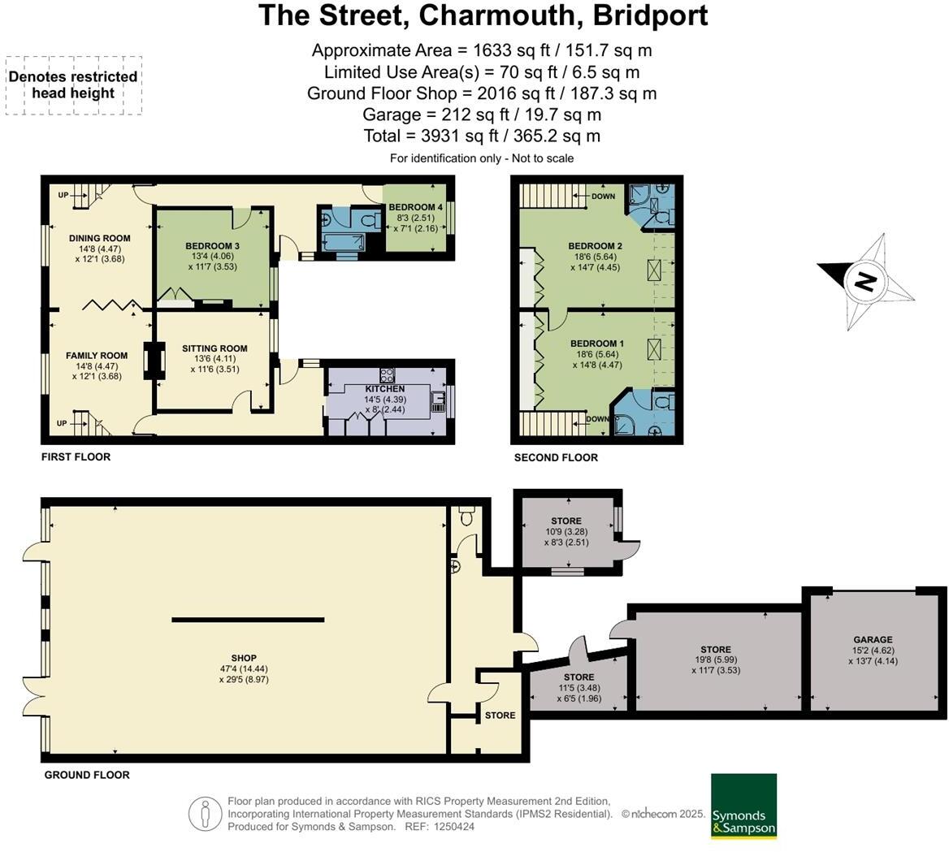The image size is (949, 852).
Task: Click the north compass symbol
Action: (865, 282)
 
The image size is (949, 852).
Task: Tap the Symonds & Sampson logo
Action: (743, 806)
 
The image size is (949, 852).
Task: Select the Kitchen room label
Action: (385, 389)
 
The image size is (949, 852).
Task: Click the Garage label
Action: (873, 640)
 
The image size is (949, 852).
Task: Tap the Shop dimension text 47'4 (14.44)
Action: (244, 668)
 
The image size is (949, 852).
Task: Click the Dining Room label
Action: (99, 238)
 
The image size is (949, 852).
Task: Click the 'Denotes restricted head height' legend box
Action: (74, 85)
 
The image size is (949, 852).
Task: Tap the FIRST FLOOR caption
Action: (76, 457)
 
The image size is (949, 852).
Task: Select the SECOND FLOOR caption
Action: (556, 458)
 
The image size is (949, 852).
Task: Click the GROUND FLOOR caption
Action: (87, 776)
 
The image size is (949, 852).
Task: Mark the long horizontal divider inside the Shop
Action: (248, 620)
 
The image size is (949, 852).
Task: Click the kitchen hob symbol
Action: (388, 374)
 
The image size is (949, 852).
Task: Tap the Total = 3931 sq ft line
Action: (482, 136)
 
